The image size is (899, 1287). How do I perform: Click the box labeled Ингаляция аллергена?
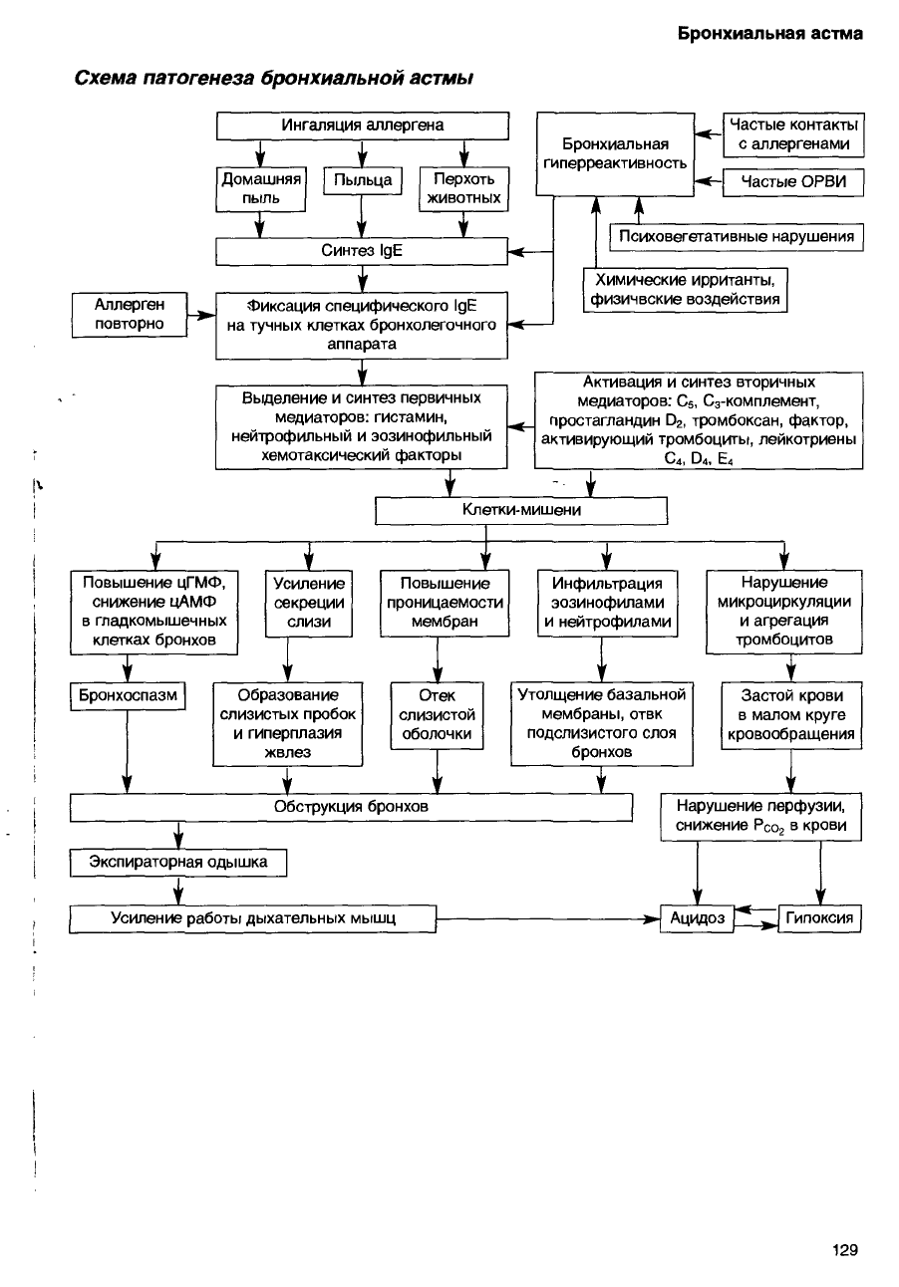pyautogui.click(x=362, y=126)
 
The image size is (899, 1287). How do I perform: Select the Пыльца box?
pyautogui.click(x=362, y=180)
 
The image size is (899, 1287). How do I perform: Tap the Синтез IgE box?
pyautogui.click(x=362, y=251)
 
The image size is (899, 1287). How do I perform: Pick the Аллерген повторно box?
pyautogui.click(x=130, y=315)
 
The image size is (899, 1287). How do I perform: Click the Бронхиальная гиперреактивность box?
pyautogui.click(x=615, y=154)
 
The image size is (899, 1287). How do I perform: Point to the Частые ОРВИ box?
pyautogui.click(x=793, y=182)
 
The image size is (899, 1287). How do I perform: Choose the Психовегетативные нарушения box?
pyautogui.click(x=737, y=237)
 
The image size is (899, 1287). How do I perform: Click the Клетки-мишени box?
pyautogui.click(x=521, y=510)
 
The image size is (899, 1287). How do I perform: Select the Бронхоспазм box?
pyautogui.click(x=128, y=695)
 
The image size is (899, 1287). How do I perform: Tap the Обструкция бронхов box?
pyautogui.click(x=351, y=807)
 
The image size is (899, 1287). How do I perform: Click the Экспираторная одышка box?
pyautogui.click(x=178, y=863)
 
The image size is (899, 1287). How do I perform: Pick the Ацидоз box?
pyautogui.click(x=698, y=918)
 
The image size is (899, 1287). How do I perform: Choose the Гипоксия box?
pyautogui.click(x=819, y=918)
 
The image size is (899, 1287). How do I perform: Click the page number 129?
pyautogui.click(x=845, y=1250)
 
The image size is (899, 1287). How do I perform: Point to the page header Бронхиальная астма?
pyautogui.click(x=770, y=34)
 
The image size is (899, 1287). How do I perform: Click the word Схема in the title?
pyautogui.click(x=106, y=78)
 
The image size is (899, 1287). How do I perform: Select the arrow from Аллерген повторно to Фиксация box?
pyautogui.click(x=201, y=315)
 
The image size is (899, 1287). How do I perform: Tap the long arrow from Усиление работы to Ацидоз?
pyautogui.click(x=548, y=919)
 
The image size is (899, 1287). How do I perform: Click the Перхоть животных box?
pyautogui.click(x=463, y=189)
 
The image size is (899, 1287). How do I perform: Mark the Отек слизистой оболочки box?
pyautogui.click(x=437, y=715)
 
